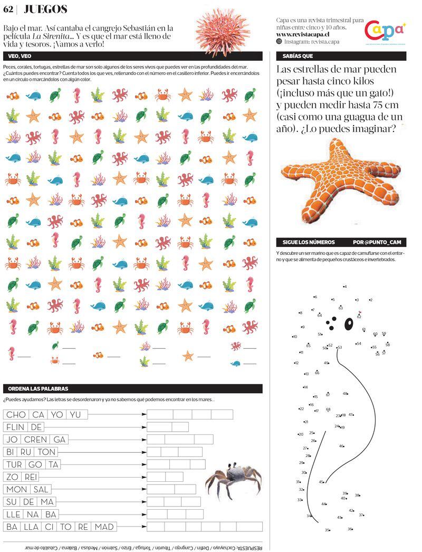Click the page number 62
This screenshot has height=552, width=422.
coord(8,9)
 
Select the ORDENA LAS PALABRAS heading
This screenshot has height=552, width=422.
coord(39,389)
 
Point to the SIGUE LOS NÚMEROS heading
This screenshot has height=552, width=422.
coord(309,242)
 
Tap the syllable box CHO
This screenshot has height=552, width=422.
coord(16,415)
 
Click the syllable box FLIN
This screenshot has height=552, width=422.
coord(16,427)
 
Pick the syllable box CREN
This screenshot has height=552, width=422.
coord(36,440)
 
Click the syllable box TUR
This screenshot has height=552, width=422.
coord(14,464)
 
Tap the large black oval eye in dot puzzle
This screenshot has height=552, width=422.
coord(348,323)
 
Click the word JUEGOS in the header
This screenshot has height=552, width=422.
coord(46,9)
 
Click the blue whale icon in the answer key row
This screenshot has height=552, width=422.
coord(235,363)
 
